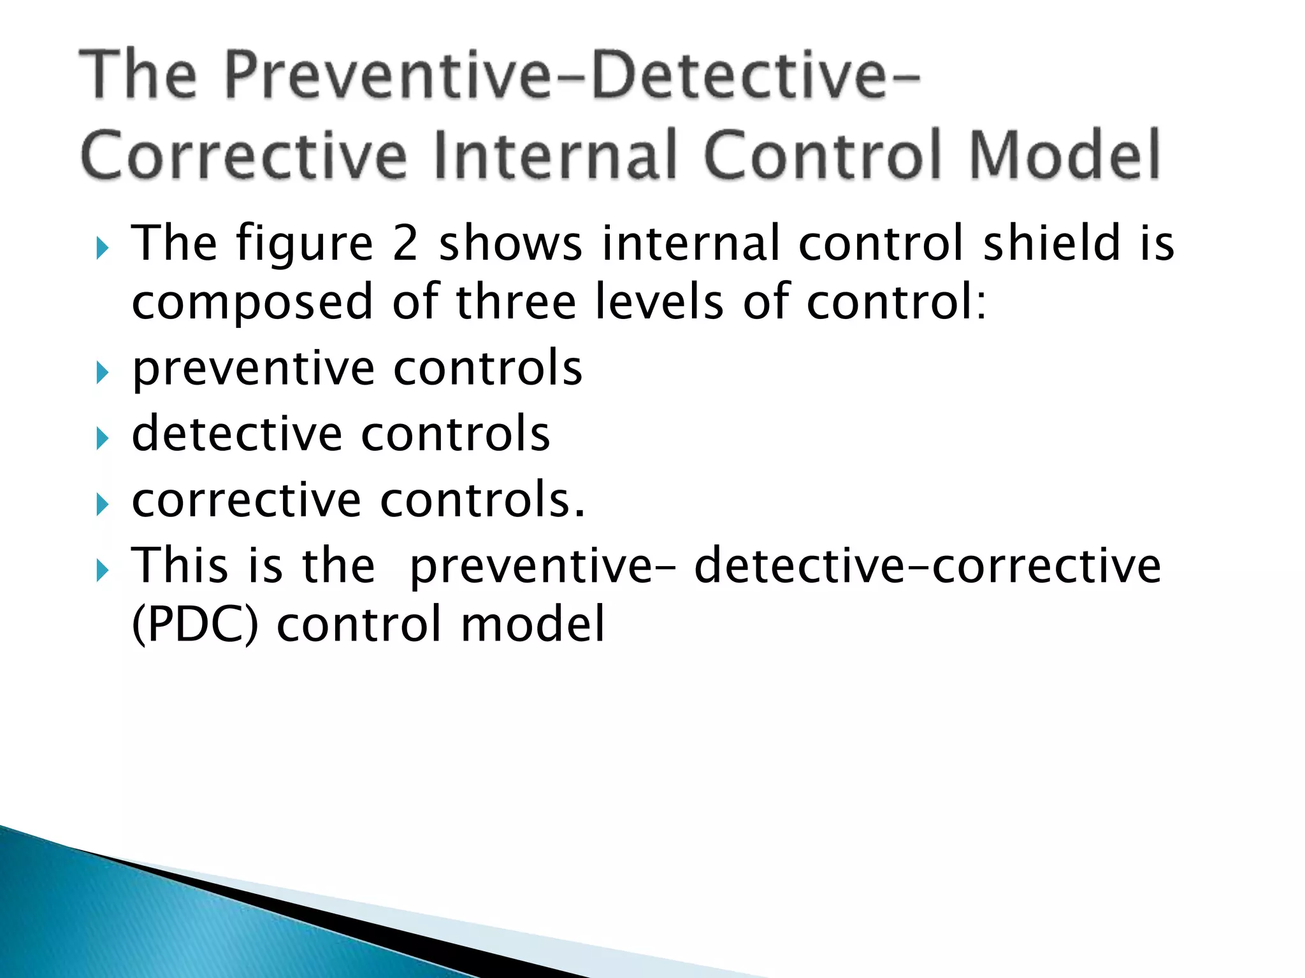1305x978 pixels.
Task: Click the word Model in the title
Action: click(1064, 155)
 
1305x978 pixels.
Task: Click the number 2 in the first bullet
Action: click(405, 243)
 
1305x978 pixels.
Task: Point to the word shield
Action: click(1051, 243)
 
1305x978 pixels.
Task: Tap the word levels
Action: click(660, 302)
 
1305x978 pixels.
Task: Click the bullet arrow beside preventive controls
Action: click(102, 372)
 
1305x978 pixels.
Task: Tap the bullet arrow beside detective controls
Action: click(102, 438)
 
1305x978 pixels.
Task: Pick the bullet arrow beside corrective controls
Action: click(102, 504)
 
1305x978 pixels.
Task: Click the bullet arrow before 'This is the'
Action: click(102, 570)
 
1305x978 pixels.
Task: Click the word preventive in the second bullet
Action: click(253, 369)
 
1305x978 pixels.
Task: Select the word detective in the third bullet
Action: click(236, 434)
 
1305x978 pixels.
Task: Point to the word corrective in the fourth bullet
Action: click(246, 500)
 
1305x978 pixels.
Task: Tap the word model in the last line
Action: click(532, 624)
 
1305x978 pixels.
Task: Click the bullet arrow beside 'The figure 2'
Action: click(102, 248)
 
